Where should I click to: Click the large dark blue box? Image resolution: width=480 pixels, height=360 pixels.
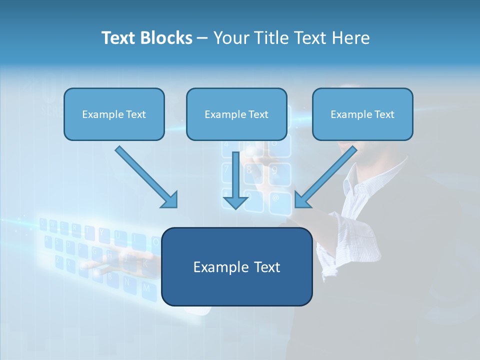click(236, 290)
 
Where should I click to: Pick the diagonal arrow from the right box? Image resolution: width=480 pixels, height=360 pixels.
click(326, 177)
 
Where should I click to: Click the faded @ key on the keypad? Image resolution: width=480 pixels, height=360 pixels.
click(275, 198)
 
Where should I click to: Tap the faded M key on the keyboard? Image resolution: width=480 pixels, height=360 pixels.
click(146, 288)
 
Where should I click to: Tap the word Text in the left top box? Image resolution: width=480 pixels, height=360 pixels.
click(135, 114)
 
